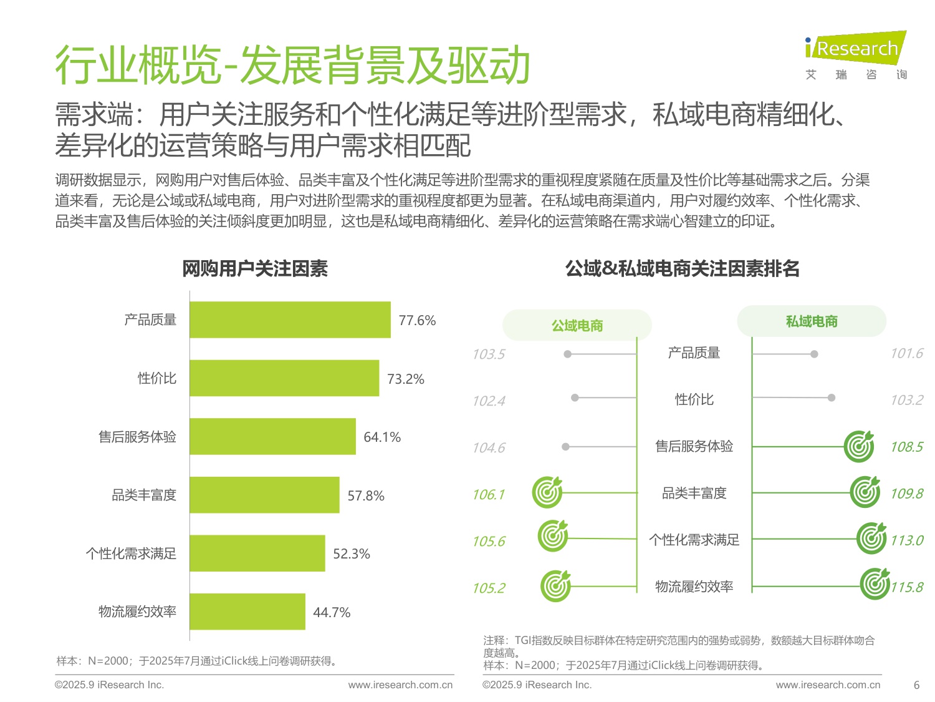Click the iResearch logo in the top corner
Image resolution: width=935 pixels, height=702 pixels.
855,55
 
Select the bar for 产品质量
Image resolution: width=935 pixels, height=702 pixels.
290,320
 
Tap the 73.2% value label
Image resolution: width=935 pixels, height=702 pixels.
405,379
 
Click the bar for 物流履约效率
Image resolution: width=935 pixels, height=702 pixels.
247,612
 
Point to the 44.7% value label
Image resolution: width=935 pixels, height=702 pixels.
332,612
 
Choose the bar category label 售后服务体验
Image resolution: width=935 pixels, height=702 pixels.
137,437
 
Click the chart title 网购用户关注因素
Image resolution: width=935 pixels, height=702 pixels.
254,269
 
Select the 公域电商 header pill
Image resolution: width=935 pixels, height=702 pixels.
577,325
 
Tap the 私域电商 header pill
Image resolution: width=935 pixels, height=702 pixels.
811,321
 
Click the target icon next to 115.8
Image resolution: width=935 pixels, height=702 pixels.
875,584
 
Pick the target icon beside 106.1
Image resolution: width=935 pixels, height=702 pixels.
547,492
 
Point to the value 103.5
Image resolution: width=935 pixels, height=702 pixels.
488,354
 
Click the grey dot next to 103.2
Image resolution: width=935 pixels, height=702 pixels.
831,397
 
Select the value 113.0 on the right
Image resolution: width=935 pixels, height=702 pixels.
906,540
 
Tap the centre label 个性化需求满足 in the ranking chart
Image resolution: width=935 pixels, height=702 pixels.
694,540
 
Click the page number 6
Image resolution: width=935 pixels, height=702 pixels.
916,685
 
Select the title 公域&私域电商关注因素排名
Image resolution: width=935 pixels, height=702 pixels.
682,269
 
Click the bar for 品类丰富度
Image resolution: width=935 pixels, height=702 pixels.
264,495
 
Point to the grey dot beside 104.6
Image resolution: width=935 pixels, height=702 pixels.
565,447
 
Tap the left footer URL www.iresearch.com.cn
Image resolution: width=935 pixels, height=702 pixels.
400,685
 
